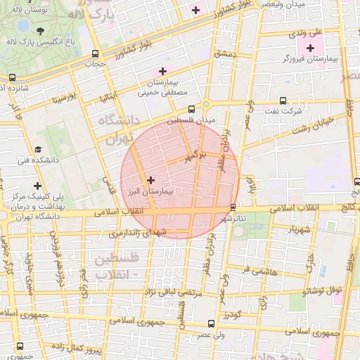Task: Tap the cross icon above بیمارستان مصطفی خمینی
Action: [x=162, y=70]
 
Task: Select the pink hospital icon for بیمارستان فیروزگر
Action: [x=310, y=48]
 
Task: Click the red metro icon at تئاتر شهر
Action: [x=233, y=207]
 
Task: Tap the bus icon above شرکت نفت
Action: [x=283, y=101]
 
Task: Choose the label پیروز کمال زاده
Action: [x=99, y=349]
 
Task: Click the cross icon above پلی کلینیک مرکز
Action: [x=37, y=186]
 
